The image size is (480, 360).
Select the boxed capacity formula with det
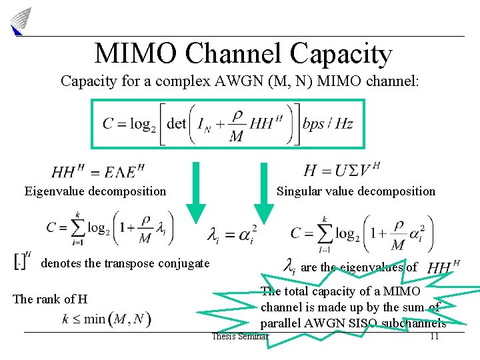click(x=228, y=123)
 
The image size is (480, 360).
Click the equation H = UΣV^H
click(x=342, y=170)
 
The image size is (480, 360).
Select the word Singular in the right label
click(x=299, y=191)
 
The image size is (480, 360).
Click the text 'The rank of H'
click(x=50, y=299)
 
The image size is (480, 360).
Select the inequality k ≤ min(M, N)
click(x=107, y=319)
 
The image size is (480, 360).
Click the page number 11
click(x=434, y=336)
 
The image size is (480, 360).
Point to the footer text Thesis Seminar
click(x=239, y=336)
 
